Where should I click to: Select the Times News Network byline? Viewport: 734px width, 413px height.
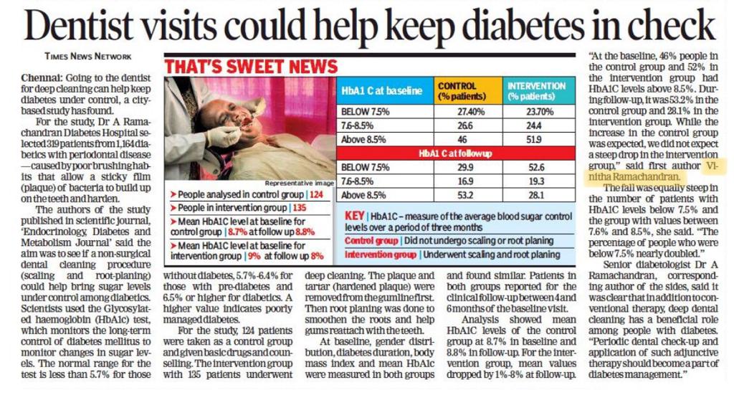pyautogui.click(x=87, y=56)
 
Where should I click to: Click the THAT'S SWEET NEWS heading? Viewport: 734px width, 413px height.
pyautogui.click(x=251, y=67)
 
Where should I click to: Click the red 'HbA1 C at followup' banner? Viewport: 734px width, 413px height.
pyautogui.click(x=456, y=153)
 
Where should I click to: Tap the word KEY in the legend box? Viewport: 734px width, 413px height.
pyautogui.click(x=354, y=215)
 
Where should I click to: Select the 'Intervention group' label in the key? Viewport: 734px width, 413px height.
pyautogui.click(x=381, y=254)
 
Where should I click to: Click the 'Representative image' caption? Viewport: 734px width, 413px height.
pyautogui.click(x=300, y=183)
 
